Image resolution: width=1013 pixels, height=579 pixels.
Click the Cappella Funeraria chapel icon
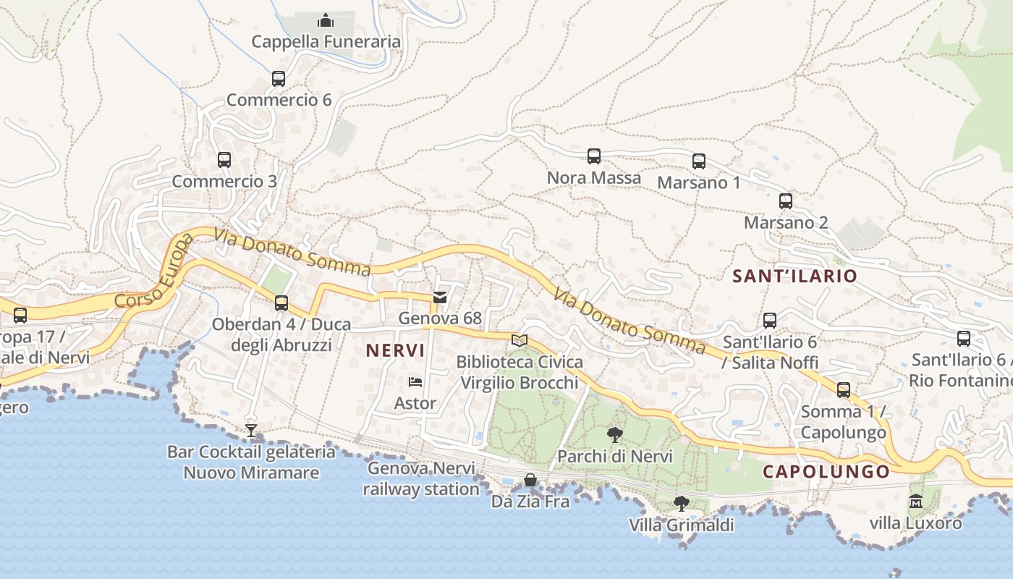point(326,20)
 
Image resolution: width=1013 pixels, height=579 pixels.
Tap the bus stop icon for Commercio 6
point(279,78)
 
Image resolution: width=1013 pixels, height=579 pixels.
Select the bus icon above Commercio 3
point(224,159)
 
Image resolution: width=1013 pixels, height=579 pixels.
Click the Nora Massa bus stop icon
point(594,156)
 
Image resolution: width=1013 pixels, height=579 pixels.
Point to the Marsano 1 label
point(698,182)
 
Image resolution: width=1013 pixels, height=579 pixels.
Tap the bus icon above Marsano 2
point(786,201)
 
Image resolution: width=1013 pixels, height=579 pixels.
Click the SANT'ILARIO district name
point(794,276)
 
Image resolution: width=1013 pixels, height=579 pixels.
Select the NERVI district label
point(395,350)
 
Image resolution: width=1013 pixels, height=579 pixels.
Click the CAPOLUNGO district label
point(826,472)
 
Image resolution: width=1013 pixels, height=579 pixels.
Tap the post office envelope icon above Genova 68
point(440,297)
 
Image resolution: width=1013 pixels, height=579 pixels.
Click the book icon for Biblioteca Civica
point(520,340)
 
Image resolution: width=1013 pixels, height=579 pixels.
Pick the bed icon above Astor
point(415,381)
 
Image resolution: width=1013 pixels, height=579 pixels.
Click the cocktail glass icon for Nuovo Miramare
point(251,431)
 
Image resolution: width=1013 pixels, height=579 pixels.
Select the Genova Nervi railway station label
point(421,478)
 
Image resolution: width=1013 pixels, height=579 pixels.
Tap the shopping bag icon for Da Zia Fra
point(530,480)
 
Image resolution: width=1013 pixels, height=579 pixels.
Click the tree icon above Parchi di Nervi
point(615,435)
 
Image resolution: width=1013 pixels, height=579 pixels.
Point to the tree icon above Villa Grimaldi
point(681,503)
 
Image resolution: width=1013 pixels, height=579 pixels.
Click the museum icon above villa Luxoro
point(916,501)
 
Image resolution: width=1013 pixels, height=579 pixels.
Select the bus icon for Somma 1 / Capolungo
point(844,390)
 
